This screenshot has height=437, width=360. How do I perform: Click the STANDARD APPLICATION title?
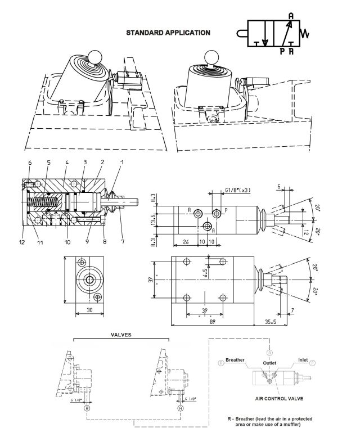coord(168,32)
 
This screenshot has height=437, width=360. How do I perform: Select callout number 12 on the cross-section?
coord(22,242)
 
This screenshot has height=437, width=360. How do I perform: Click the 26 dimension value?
coord(186,242)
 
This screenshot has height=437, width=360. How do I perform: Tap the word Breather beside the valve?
coord(235,359)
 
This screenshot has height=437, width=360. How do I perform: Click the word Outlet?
coord(270,363)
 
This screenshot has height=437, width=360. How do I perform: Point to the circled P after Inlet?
coord(313,363)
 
